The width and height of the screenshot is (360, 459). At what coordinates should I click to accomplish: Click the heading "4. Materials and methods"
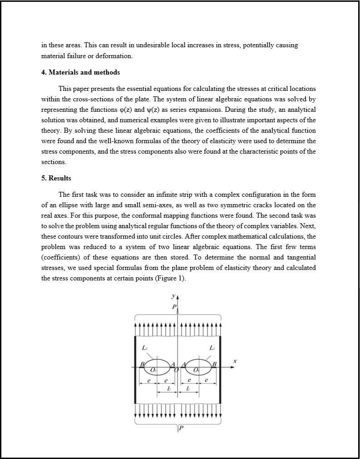tap(80, 72)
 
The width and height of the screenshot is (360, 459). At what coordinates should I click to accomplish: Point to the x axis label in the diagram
tap(235, 361)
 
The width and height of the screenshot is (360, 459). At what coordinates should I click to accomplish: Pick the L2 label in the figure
tap(144, 348)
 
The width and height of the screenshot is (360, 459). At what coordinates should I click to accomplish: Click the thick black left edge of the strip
tap(135, 369)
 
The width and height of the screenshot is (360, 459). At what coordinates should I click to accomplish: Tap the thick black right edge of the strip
tap(220, 369)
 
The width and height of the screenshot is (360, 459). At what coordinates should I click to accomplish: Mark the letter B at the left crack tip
tap(142, 364)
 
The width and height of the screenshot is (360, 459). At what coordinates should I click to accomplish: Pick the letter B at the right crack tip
tap(215, 364)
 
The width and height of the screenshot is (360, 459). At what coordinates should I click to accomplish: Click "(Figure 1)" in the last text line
tap(170, 279)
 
